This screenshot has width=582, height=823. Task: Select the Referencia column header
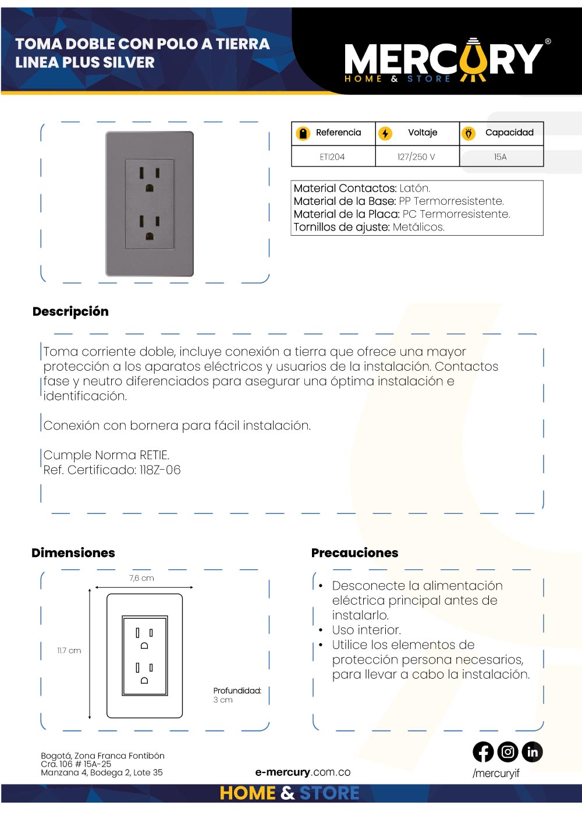338,133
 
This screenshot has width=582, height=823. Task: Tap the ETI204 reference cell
332,157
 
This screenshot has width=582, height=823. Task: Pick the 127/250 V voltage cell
416,157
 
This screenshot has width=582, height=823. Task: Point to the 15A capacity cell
501,157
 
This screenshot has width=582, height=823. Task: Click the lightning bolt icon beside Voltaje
385,133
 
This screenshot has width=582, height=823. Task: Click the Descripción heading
70,311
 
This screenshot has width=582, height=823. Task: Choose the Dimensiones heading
73,552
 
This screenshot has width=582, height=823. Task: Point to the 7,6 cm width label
141,578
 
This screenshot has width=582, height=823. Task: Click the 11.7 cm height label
69,650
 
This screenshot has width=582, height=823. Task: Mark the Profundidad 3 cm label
237,695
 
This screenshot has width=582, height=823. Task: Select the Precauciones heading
354,552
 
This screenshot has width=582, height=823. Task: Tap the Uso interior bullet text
366,630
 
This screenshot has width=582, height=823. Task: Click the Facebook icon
483,752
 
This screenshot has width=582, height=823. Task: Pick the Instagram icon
508,752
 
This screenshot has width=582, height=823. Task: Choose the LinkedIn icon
532,752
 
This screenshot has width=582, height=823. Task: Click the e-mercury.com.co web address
303,772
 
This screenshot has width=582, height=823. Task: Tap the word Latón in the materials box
414,188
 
